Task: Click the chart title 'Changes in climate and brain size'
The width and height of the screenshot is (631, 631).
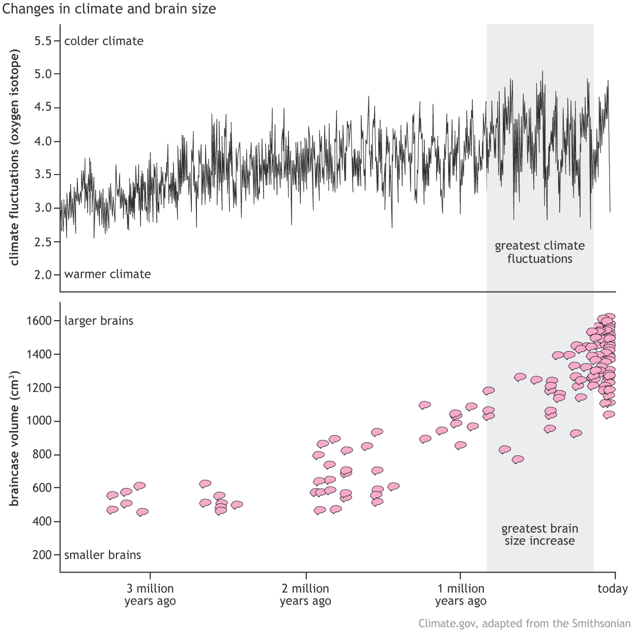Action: click(109, 9)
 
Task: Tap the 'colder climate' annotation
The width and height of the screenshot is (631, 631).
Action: click(104, 41)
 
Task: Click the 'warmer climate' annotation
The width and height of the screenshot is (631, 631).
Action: click(107, 274)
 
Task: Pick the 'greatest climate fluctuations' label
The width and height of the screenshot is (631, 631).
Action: click(539, 252)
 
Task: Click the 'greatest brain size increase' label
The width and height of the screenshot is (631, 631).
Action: click(539, 535)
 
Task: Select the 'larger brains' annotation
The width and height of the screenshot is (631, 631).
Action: click(99, 321)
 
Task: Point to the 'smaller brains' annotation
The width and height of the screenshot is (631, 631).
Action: click(102, 555)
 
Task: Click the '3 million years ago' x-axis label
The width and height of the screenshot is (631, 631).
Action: click(150, 595)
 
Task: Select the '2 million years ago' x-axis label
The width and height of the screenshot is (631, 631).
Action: click(305, 595)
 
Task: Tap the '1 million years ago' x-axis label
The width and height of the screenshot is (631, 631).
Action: click(461, 595)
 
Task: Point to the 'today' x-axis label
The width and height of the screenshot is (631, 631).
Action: click(612, 589)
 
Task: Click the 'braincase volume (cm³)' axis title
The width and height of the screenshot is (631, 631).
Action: click(14, 440)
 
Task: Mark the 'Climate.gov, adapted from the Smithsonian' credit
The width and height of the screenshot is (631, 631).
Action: click(524, 623)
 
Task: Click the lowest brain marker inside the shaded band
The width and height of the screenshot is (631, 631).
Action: click(518, 460)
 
